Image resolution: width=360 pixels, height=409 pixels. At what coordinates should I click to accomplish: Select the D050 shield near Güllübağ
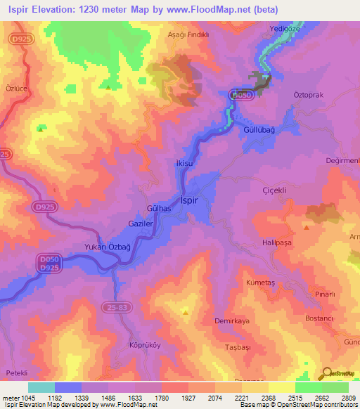(241, 93)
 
